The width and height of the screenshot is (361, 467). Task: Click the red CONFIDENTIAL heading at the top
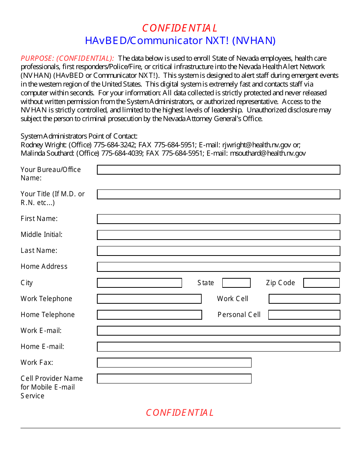(x=180, y=28)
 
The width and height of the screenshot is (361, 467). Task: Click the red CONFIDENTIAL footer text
(x=180, y=413)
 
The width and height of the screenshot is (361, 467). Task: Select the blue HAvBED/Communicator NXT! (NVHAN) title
(x=180, y=41)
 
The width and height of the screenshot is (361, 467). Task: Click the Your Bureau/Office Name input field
(x=218, y=170)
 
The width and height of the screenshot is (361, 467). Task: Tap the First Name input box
(x=218, y=219)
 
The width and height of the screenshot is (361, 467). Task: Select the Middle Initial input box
(x=218, y=235)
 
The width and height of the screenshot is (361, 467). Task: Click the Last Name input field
(x=218, y=251)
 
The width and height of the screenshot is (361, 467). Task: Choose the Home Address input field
(x=218, y=267)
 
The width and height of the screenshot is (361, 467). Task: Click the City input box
(x=139, y=283)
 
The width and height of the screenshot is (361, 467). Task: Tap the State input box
(x=236, y=283)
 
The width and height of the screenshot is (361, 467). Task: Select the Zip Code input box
(x=321, y=283)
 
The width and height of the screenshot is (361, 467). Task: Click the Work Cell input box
(x=304, y=299)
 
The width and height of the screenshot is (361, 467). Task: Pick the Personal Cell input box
(x=304, y=315)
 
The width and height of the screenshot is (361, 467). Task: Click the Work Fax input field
(x=174, y=363)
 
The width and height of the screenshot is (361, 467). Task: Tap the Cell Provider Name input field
(x=174, y=379)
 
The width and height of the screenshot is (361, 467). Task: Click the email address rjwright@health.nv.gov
(x=256, y=145)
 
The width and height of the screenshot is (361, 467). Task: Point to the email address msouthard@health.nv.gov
(x=268, y=153)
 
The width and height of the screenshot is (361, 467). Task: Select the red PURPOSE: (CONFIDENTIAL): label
(x=67, y=58)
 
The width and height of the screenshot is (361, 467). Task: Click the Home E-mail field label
(x=42, y=347)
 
